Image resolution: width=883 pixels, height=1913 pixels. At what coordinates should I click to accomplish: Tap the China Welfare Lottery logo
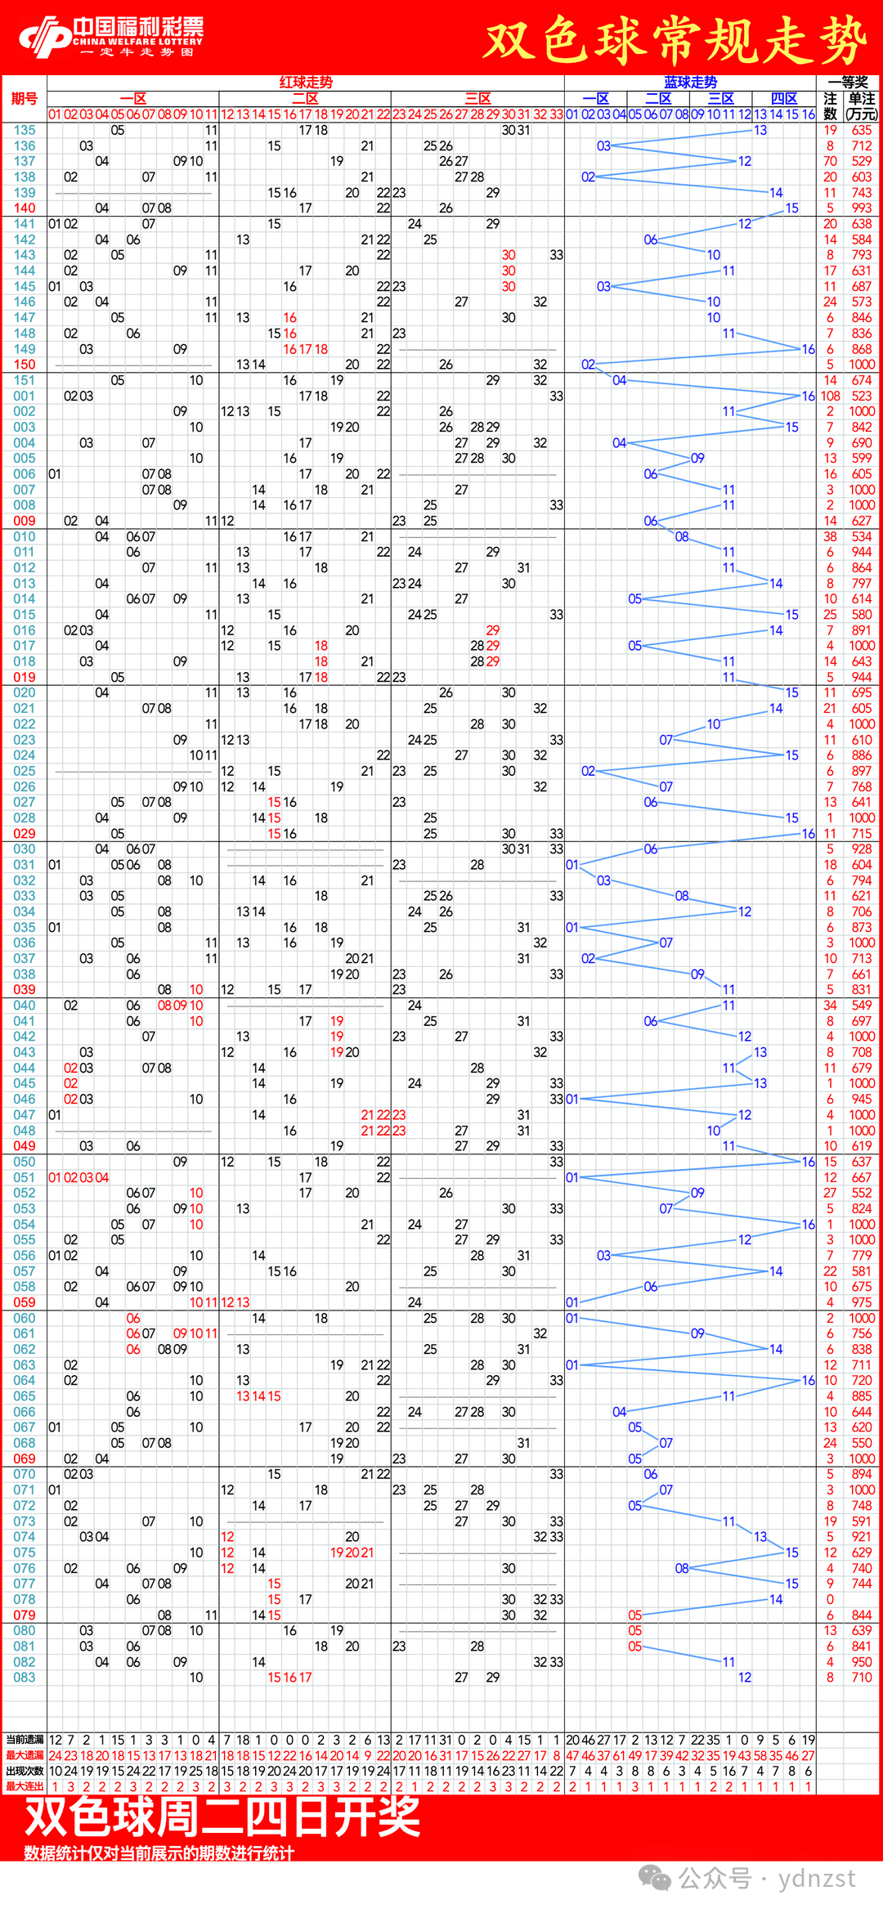point(111,38)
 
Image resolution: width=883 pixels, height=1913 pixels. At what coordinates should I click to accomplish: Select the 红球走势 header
point(306,83)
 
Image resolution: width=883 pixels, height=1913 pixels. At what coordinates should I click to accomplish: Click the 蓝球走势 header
point(690,83)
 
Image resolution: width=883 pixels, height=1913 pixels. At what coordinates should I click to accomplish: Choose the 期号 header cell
point(25,99)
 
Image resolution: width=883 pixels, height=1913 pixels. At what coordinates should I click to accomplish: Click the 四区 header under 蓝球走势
point(784,99)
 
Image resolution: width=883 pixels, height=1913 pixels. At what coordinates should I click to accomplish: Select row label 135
point(25,130)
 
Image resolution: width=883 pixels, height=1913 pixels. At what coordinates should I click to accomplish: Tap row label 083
point(25,1678)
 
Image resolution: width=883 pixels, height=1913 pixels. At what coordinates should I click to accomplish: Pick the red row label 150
point(25,365)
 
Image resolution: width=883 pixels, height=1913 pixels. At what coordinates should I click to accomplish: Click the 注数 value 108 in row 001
point(830,396)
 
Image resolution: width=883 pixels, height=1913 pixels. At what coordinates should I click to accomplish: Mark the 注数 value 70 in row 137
point(830,161)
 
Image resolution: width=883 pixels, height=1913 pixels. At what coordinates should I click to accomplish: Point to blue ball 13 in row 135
point(760,130)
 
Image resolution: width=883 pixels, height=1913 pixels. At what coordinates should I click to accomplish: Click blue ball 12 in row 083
point(745,1678)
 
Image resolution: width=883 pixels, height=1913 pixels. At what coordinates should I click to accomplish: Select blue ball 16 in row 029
point(808,834)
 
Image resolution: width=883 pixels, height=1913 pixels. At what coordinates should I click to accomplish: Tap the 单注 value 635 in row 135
point(862,130)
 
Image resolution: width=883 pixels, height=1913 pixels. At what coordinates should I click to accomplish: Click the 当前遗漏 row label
point(25,1740)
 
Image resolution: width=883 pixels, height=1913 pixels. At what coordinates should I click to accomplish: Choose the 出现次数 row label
point(25,1771)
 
